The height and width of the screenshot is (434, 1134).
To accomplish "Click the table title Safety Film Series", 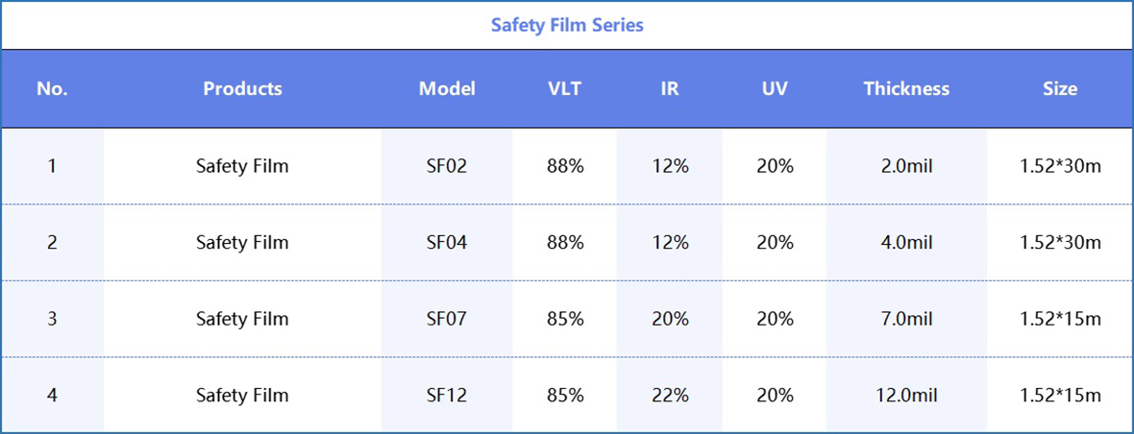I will [x=567, y=25].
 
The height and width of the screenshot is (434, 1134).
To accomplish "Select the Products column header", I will [x=242, y=88].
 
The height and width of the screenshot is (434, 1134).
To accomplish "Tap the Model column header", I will [x=447, y=88].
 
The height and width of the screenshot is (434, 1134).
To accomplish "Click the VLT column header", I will [x=564, y=88].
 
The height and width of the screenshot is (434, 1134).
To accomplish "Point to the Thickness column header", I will [x=906, y=88].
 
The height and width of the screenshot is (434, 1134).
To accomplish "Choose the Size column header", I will [x=1060, y=88].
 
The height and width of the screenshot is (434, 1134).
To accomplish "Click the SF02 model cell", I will [x=447, y=166].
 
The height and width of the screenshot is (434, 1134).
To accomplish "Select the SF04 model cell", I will [x=447, y=243].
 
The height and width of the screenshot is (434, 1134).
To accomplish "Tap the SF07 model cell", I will [x=447, y=319].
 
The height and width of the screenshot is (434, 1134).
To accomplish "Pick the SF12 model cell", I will [x=447, y=396].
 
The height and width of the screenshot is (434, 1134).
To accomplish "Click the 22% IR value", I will [x=670, y=396].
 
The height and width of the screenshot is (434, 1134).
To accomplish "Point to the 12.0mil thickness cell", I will [x=906, y=396].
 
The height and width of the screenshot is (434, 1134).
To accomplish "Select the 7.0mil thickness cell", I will [x=906, y=319].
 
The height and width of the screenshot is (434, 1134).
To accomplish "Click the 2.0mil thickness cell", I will [x=906, y=166].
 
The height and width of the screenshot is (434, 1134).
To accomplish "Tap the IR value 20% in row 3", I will [x=670, y=319].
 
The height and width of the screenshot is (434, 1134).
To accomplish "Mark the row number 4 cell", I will [x=52, y=396].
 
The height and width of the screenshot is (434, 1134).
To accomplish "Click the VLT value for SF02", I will [x=564, y=166].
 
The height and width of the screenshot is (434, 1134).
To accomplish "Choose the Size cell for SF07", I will [x=1060, y=319].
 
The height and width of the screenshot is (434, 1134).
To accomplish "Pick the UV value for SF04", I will [x=775, y=243].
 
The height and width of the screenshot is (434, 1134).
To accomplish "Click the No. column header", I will [x=52, y=88].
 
